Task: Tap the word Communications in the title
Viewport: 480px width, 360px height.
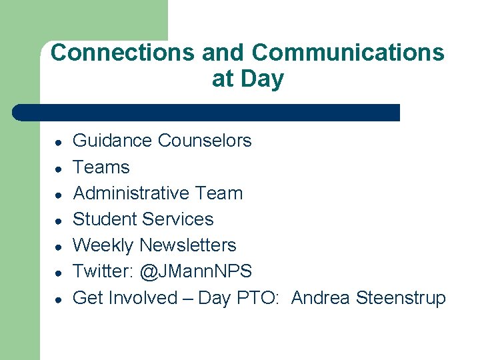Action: pyautogui.click(x=348, y=52)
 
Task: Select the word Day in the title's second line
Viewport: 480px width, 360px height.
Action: pyautogui.click(x=262, y=79)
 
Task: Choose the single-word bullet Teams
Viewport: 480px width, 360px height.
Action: pyautogui.click(x=101, y=167)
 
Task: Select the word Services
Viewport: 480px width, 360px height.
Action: pyautogui.click(x=181, y=219)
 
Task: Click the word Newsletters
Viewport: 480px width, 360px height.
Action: pyautogui.click(x=187, y=245)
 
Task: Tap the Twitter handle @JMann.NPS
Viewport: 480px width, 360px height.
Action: pyautogui.click(x=196, y=271)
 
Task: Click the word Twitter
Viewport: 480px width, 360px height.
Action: pyautogui.click(x=102, y=271)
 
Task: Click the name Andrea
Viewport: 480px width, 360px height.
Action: pyautogui.click(x=320, y=297)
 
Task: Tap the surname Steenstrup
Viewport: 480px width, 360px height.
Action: pyautogui.click(x=401, y=298)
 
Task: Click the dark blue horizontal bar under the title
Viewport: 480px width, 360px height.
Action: pyautogui.click(x=207, y=112)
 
